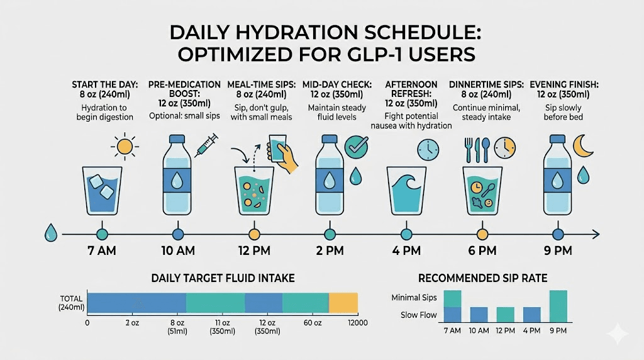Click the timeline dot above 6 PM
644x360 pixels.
[x=482, y=234]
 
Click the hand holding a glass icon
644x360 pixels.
[x=280, y=153]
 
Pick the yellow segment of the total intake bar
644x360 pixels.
[x=343, y=303]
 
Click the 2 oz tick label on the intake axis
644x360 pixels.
[x=131, y=322]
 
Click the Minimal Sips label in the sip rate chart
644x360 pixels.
[x=414, y=297]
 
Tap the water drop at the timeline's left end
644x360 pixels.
[x=50, y=233]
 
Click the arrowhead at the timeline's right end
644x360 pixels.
[x=595, y=234]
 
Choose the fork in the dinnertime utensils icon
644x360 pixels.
[x=468, y=147]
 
